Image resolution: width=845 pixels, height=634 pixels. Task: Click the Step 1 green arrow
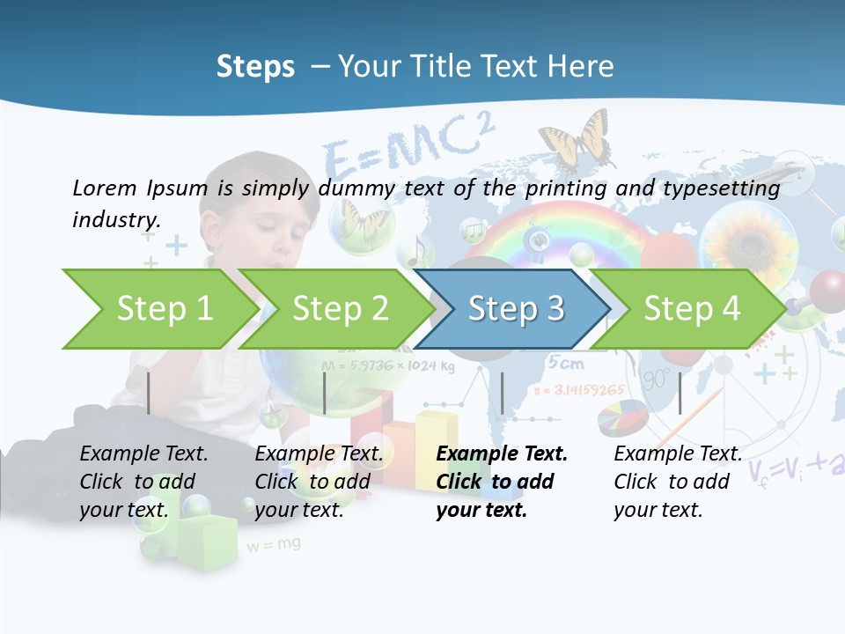(x=158, y=309)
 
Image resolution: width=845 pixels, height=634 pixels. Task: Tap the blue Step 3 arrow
(x=515, y=309)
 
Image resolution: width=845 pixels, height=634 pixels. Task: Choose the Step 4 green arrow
(x=691, y=309)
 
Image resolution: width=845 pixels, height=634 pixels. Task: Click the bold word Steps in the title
(x=255, y=67)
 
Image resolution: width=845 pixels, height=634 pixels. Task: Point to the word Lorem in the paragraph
(x=104, y=188)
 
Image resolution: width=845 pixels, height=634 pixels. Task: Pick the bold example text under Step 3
(x=501, y=482)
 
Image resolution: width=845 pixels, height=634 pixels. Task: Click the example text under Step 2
(x=319, y=482)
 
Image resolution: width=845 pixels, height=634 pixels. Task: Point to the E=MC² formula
(x=405, y=150)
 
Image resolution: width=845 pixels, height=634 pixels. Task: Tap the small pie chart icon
(x=622, y=417)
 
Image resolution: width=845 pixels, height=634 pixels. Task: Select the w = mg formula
(x=273, y=545)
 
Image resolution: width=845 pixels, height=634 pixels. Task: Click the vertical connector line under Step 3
(x=502, y=393)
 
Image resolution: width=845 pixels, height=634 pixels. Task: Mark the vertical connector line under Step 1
(x=149, y=393)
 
